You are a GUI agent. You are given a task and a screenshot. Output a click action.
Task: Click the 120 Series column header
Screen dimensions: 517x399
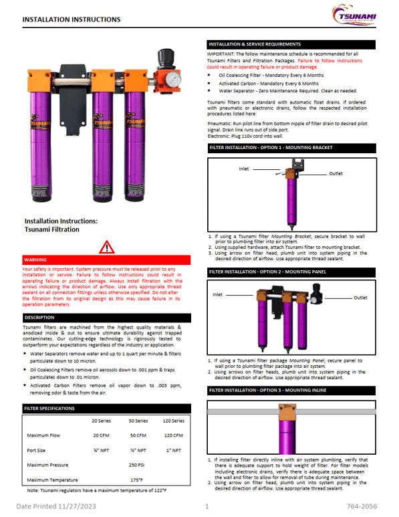(x=173, y=421)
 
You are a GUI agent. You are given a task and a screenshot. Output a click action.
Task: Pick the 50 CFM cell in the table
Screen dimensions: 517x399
(x=138, y=435)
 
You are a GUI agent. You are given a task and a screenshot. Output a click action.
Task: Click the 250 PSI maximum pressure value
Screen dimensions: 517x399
(x=138, y=464)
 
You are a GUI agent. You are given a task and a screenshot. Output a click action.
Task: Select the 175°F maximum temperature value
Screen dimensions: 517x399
(x=138, y=480)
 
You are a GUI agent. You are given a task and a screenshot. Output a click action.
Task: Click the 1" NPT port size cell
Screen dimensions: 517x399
(x=173, y=450)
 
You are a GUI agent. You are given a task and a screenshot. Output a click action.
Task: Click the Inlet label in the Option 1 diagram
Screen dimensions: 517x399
(x=244, y=169)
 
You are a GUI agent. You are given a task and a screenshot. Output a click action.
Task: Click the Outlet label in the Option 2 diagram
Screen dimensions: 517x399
(x=360, y=298)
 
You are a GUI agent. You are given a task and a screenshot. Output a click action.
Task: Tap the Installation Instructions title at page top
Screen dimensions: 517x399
(x=72, y=20)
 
